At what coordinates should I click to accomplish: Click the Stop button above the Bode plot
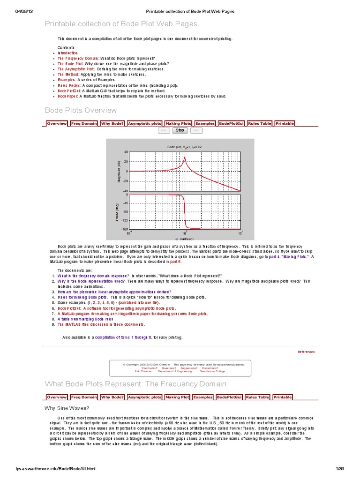[180, 130]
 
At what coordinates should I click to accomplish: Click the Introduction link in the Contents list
[68, 53]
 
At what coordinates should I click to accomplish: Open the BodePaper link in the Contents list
[68, 96]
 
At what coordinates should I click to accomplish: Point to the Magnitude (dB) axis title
[118, 172]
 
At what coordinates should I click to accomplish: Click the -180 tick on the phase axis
[124, 229]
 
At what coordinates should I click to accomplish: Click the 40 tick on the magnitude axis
[126, 152]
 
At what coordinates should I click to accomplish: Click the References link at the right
[306, 352]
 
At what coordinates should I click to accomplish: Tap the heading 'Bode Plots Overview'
[81, 111]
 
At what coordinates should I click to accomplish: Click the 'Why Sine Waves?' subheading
[67, 408]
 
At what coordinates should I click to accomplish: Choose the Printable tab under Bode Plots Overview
[285, 123]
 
